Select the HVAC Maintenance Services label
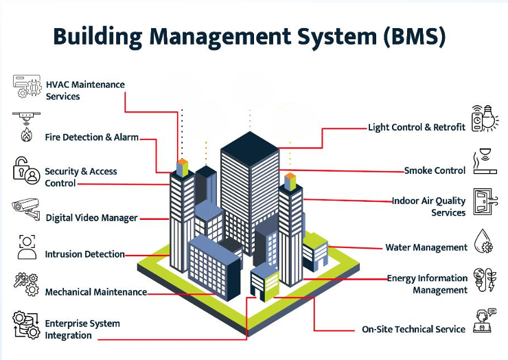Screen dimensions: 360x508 [85, 90]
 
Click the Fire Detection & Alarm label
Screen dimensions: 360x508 [91, 137]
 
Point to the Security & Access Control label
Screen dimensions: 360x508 [80, 177]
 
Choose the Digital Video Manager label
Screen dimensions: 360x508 [91, 218]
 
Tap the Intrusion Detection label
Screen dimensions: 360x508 [84, 254]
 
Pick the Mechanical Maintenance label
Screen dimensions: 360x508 [95, 292]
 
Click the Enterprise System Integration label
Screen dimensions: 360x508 [82, 329]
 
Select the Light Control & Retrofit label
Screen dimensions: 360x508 [417, 127]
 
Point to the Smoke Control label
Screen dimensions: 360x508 [435, 170]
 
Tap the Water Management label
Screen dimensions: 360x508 [426, 247]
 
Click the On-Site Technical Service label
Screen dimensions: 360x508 [413, 329]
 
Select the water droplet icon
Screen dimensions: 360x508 [485, 242]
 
